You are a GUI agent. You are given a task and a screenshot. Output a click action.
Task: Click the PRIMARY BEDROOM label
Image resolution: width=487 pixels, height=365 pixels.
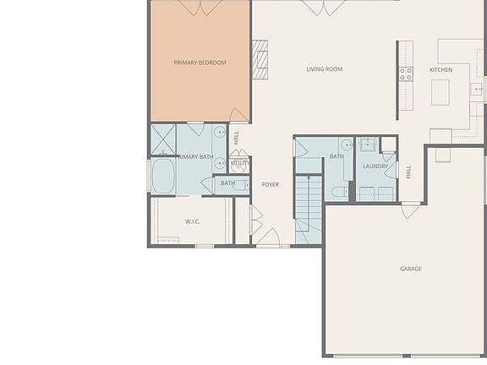pos(200,63)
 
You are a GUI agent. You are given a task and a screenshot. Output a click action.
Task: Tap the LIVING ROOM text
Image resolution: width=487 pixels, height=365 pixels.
pos(324,69)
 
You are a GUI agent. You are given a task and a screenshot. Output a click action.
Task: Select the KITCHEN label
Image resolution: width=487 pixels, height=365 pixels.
pos(440,69)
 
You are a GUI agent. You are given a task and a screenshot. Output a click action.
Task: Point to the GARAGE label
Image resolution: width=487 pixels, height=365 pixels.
pos(411,270)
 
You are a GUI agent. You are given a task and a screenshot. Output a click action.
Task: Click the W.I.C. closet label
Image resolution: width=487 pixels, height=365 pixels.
pos(192,222)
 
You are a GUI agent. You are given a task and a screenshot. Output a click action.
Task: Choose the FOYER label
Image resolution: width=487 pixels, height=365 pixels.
pos(270,184)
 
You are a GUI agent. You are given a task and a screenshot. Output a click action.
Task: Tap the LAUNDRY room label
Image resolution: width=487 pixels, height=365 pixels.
pos(375,166)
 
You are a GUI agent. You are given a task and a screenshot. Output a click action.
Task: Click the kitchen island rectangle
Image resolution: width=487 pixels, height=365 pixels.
pos(440,91)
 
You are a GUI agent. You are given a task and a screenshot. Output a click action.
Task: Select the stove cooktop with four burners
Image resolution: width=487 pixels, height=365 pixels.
pos(406,74)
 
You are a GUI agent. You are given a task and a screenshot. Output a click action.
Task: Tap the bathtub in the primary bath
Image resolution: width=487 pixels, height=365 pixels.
pos(162,177)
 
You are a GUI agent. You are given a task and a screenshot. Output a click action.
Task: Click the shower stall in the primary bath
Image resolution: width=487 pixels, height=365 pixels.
pos(162,139)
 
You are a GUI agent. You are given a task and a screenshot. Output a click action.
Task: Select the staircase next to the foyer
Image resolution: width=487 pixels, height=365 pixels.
pos(308,207)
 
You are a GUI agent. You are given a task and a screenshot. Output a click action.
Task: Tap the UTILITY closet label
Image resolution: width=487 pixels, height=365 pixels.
pos(239,163)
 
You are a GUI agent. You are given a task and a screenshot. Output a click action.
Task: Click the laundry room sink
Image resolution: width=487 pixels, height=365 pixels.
pos(368,144)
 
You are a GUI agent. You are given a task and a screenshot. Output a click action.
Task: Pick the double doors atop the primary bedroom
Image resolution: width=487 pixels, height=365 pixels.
pos(200,8)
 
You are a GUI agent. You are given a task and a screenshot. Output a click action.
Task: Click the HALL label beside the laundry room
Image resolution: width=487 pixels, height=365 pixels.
pos(408,172)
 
